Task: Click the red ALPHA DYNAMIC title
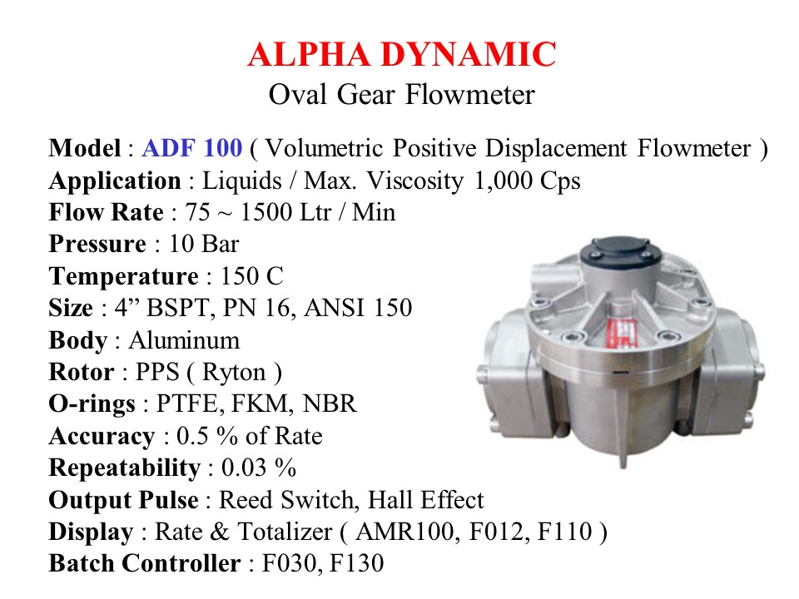(401, 55)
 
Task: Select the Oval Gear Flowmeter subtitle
(401, 95)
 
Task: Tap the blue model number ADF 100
(192, 148)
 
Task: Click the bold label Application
(115, 181)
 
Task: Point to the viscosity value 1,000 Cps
(528, 181)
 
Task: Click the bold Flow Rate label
(106, 212)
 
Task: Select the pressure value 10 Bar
(204, 244)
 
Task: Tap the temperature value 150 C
(251, 276)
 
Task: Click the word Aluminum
(184, 340)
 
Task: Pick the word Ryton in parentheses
(234, 373)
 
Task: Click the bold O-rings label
(92, 404)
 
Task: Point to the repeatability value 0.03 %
(259, 468)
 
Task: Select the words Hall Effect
(425, 500)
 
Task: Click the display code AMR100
(405, 532)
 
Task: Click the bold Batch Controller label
(145, 563)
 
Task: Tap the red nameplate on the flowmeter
(621, 332)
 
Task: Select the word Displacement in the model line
(555, 149)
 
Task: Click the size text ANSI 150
(358, 308)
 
